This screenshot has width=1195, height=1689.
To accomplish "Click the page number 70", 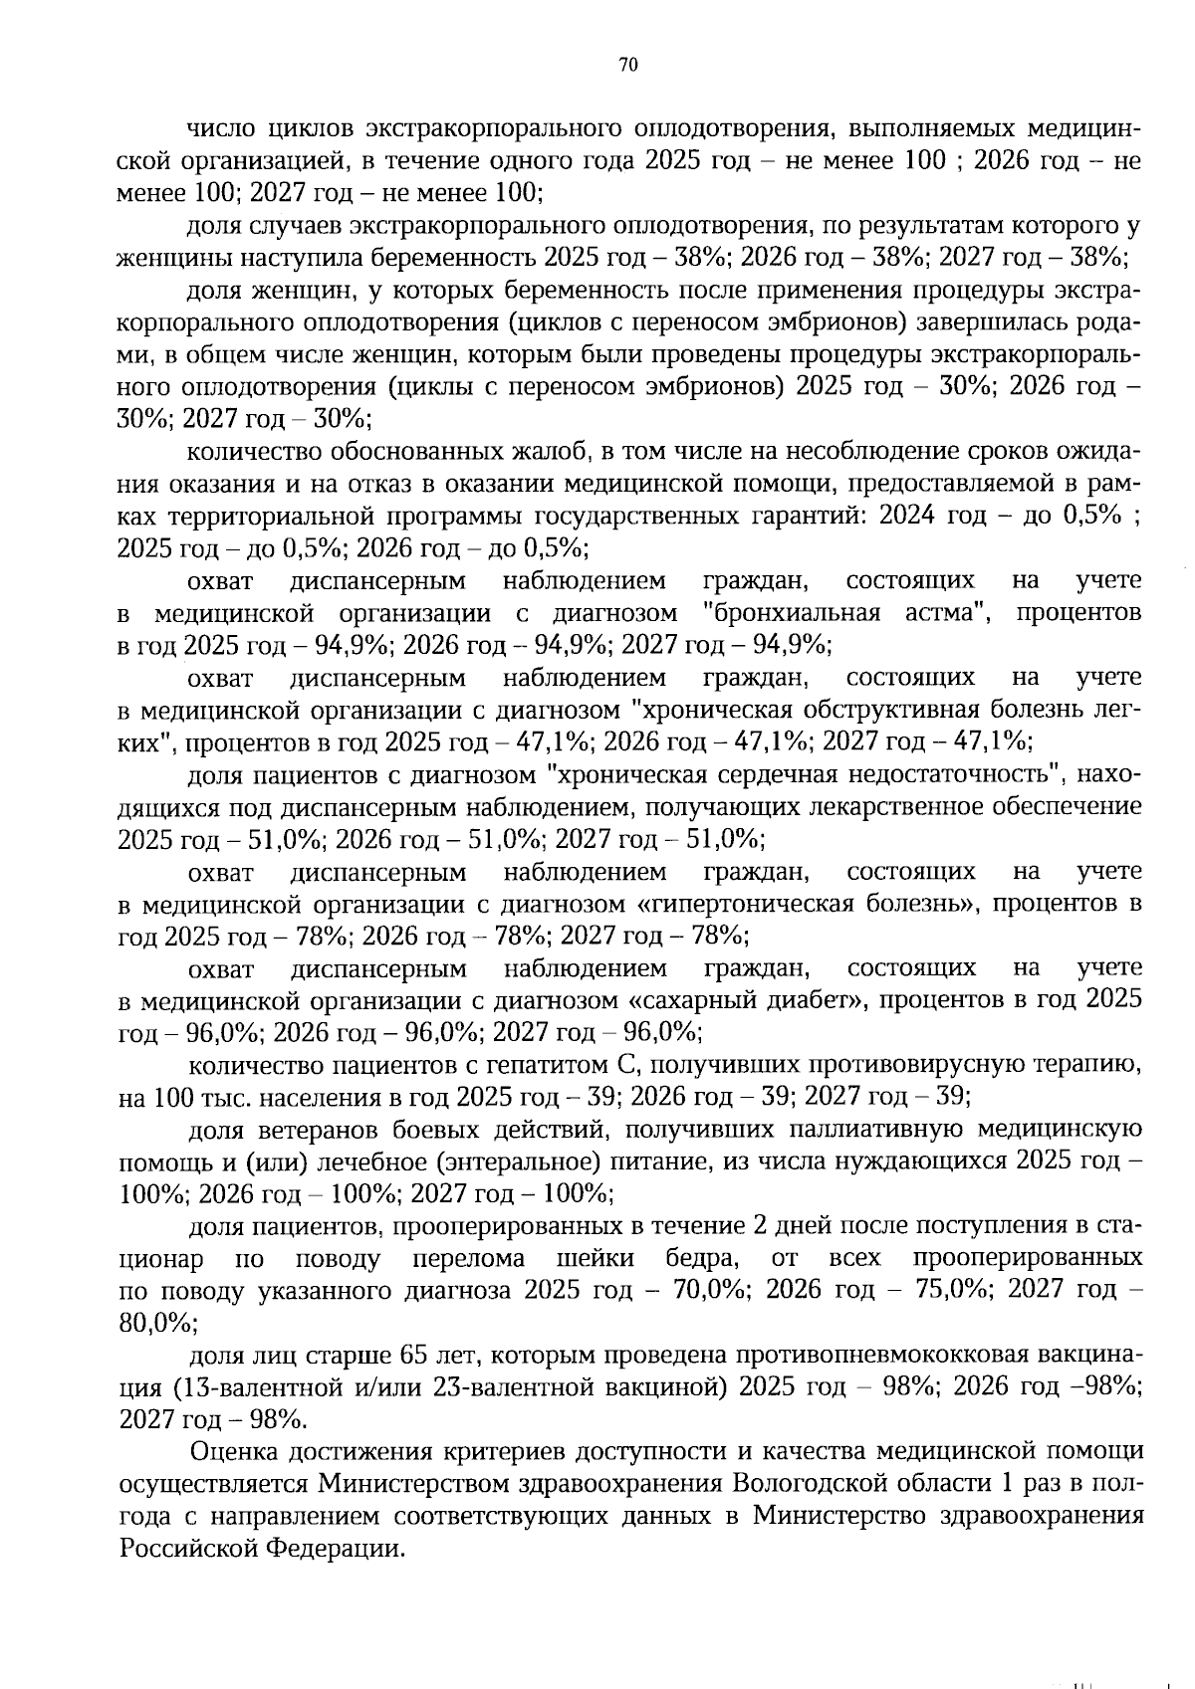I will point(627,66).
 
